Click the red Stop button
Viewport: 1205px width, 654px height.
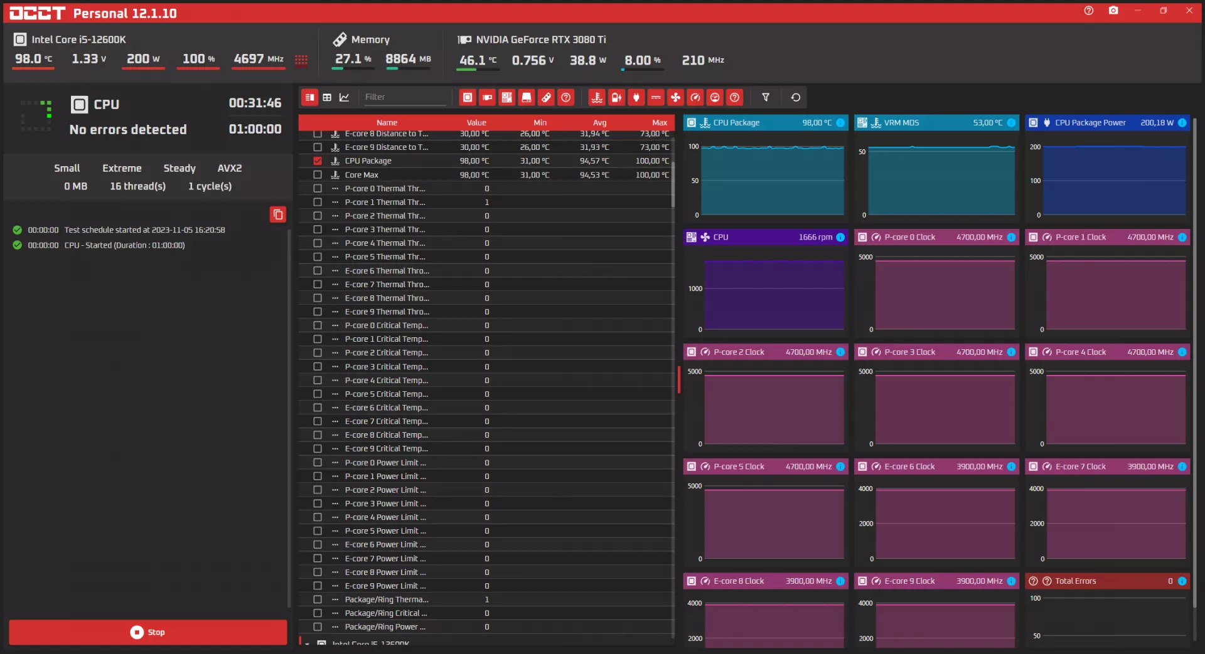coord(148,632)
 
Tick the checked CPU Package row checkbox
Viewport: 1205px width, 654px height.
coord(318,161)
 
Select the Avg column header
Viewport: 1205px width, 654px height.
coord(599,123)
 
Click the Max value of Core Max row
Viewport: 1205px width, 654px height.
coord(652,175)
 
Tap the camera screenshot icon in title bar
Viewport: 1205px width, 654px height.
coord(1113,11)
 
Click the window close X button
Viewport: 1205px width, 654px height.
coord(1189,11)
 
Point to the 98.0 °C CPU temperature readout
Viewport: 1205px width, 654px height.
coord(34,59)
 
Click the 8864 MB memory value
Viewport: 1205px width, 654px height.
coord(408,59)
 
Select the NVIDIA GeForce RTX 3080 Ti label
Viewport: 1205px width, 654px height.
coord(541,40)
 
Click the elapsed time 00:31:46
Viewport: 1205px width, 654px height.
coord(255,103)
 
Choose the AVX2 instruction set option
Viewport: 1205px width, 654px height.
coord(230,168)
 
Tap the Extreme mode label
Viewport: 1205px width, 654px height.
coord(122,168)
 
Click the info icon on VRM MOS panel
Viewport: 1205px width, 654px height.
coord(1011,123)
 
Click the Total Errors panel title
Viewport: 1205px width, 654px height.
coord(1076,581)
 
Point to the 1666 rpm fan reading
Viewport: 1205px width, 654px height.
coord(815,237)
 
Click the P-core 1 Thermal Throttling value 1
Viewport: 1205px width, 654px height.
coord(487,202)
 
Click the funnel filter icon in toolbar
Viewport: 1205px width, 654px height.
coord(766,97)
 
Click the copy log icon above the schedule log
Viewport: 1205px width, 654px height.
coord(278,214)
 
